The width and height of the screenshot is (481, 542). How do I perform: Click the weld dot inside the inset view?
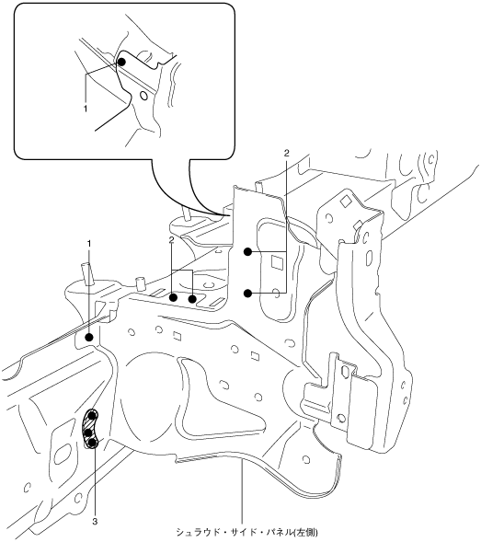coord(121,62)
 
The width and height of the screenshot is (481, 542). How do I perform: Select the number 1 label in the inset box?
coord(85,109)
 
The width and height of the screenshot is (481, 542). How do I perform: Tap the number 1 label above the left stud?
coord(89,244)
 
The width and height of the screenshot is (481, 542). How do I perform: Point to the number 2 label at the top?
coord(286,153)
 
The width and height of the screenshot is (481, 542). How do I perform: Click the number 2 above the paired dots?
coord(171,240)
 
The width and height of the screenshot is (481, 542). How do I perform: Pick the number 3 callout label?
coord(95,522)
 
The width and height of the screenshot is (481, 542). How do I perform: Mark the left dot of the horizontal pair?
coord(174,297)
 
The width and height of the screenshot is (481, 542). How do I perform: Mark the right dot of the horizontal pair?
coord(192,298)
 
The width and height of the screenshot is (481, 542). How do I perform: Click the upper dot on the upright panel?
coord(247,251)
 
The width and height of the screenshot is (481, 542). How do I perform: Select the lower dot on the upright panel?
coord(247,294)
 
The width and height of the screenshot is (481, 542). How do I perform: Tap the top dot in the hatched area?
coord(92,415)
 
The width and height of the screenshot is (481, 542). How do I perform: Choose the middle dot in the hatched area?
coord(87,432)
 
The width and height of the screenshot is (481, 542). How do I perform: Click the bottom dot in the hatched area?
coord(92,443)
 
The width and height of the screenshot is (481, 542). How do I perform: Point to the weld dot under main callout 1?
coord(89,338)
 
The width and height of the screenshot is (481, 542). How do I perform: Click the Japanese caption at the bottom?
coord(246,532)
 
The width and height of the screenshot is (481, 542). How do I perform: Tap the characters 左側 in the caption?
coord(305,532)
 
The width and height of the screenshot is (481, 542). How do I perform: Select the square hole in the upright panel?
coord(277,261)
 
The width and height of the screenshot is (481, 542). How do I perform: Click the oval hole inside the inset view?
coord(143,96)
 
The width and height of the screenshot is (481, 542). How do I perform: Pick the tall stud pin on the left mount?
coord(87,274)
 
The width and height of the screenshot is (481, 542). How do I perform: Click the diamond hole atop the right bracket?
coord(345,202)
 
